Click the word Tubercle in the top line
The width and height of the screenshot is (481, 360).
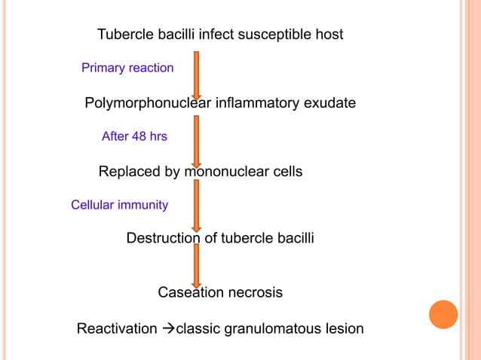point(124,35)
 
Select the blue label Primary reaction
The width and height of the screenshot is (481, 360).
point(127,69)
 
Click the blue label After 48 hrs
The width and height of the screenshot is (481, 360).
point(134,137)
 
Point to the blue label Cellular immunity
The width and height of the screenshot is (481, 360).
point(119,205)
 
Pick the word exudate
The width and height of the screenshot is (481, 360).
point(329,103)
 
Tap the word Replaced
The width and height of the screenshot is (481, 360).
point(130,172)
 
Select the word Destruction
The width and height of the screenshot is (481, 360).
point(164,239)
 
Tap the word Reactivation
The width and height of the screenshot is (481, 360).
point(117,329)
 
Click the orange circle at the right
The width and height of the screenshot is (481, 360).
point(443,314)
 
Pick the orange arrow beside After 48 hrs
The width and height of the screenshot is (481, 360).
point(197,141)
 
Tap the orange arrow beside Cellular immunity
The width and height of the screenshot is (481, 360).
point(197,205)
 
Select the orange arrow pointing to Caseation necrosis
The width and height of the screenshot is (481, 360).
point(197,265)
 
